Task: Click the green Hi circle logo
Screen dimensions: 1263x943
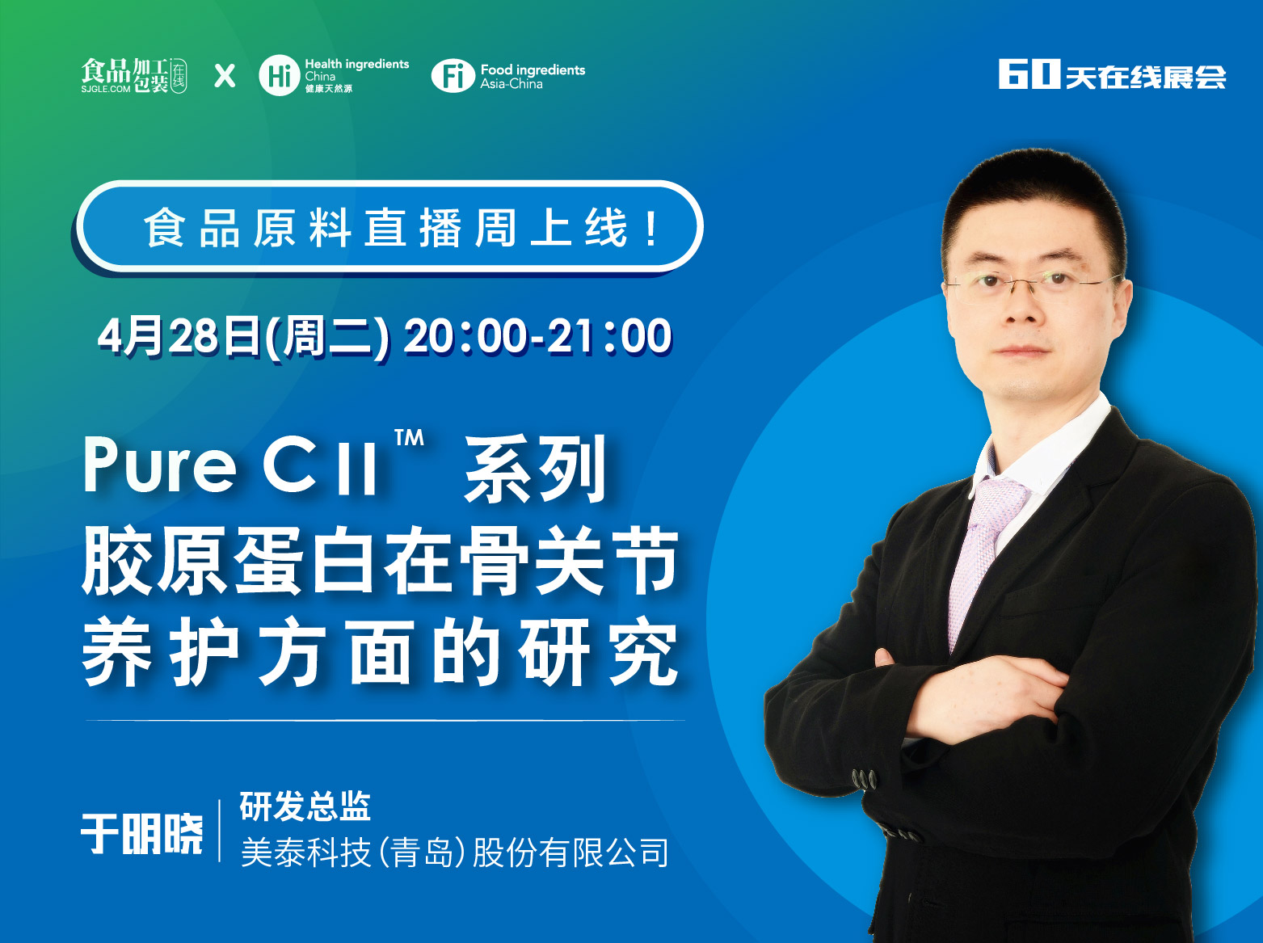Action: [x=280, y=75]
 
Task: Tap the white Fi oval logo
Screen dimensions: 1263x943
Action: [x=453, y=76]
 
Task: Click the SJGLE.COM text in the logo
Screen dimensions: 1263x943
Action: [x=106, y=89]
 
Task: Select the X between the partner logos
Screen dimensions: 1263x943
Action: [x=225, y=76]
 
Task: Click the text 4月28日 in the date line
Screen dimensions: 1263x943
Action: [x=179, y=336]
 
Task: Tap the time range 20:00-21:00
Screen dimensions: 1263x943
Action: [x=537, y=336]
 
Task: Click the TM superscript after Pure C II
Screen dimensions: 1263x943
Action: [x=409, y=438]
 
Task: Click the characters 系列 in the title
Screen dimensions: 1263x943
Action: [x=536, y=469]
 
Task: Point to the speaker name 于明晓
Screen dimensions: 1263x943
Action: [x=142, y=834]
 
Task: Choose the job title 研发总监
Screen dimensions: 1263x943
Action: [x=305, y=806]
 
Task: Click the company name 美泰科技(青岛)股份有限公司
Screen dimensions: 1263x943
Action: [x=455, y=852]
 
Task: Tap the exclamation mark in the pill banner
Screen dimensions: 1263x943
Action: [x=651, y=228]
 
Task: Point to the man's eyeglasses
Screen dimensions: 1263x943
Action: [x=1031, y=283]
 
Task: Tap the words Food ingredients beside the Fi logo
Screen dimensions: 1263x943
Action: [x=533, y=69]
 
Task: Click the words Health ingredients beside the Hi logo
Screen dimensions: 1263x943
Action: [x=356, y=64]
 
